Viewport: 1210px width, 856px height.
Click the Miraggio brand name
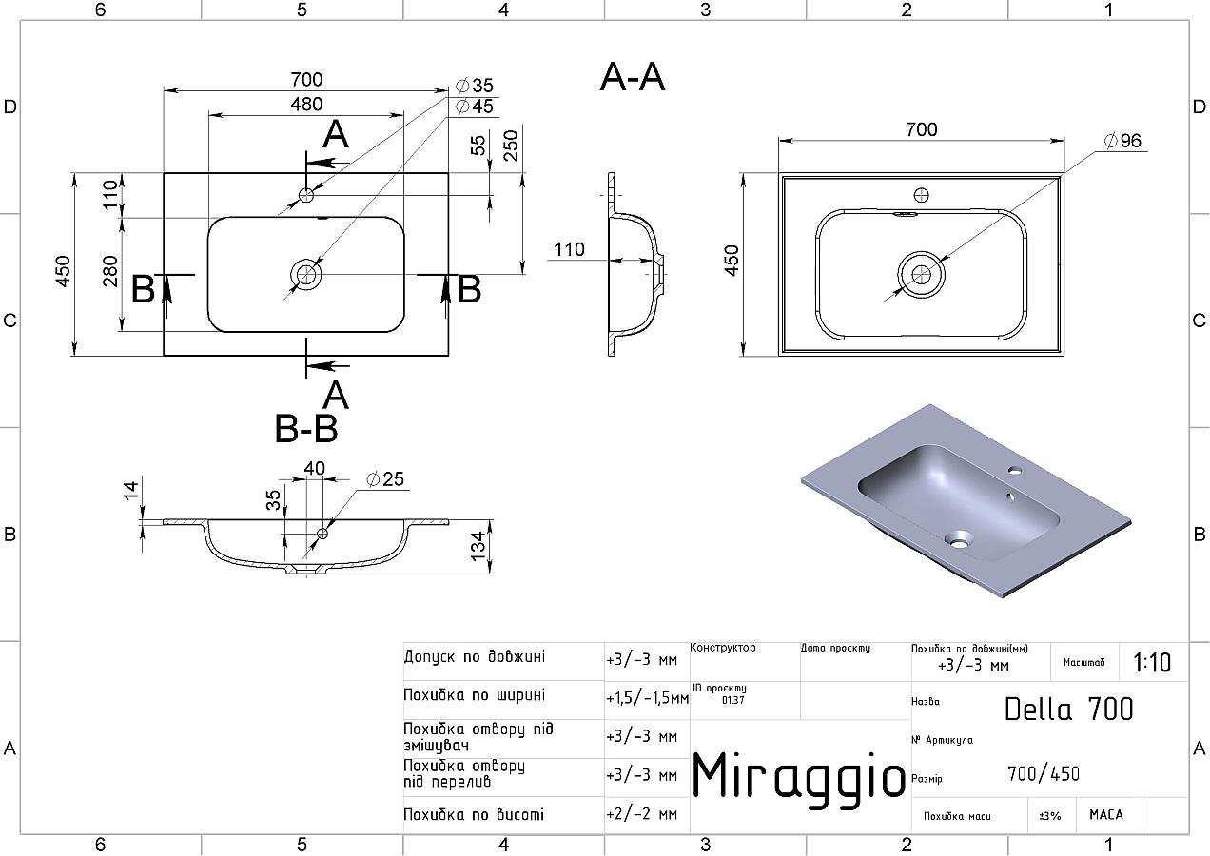[x=798, y=774]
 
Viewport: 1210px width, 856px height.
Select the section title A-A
[x=633, y=77]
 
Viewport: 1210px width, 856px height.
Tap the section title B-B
[x=306, y=430]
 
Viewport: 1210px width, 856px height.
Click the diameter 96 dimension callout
[x=1122, y=141]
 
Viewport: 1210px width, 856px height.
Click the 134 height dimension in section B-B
[x=478, y=543]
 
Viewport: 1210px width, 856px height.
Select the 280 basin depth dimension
[x=110, y=272]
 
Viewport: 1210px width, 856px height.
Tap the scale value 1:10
[x=1152, y=662]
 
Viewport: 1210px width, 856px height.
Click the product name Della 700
[x=1069, y=709]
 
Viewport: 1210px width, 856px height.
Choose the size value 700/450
[x=1044, y=774]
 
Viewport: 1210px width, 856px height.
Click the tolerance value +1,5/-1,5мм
[x=647, y=698]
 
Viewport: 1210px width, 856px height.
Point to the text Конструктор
[x=723, y=648]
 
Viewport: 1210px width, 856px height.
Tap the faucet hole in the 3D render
[x=1015, y=471]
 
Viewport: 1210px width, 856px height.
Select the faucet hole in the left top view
[x=306, y=195]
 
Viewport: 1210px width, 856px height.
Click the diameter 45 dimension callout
[x=475, y=107]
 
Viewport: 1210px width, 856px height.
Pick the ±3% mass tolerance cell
[x=1050, y=815]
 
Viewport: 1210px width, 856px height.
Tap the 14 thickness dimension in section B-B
[x=131, y=490]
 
